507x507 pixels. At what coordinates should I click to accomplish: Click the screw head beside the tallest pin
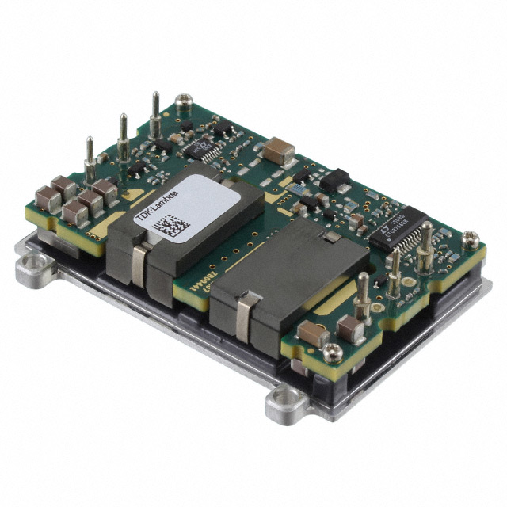183,101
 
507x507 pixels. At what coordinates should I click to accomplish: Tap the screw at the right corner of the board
471,238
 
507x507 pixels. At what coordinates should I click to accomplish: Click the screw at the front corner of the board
334,352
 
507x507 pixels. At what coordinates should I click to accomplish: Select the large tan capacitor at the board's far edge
280,149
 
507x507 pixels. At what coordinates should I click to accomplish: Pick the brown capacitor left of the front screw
310,336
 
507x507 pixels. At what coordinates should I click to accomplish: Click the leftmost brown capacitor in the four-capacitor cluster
47,198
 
